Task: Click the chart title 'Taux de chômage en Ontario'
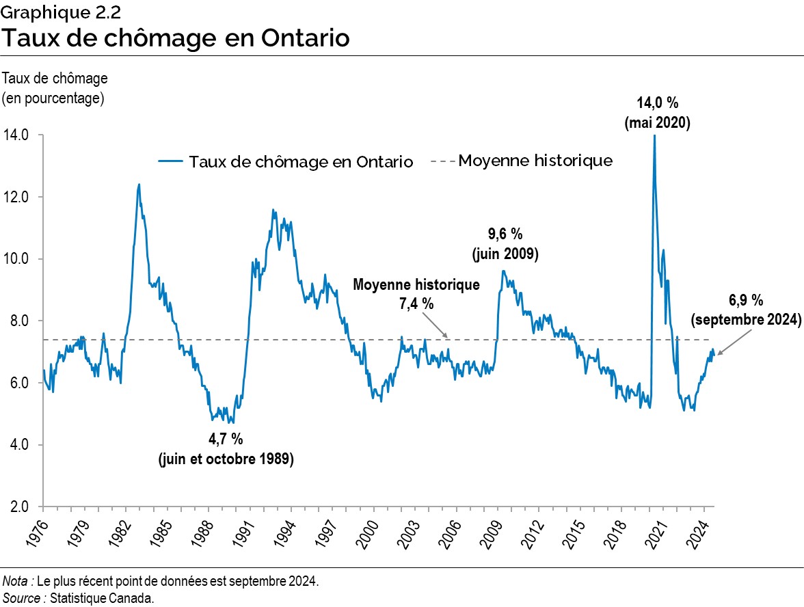pyautogui.click(x=175, y=37)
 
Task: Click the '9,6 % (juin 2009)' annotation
pyautogui.click(x=505, y=244)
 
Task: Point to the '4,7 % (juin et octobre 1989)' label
pyautogui.click(x=226, y=448)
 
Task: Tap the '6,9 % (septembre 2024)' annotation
pyautogui.click(x=745, y=310)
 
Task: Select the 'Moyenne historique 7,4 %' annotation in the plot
pyautogui.click(x=416, y=294)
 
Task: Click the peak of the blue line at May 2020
pyautogui.click(x=654, y=136)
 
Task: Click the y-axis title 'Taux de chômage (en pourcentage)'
pyautogui.click(x=55, y=88)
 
